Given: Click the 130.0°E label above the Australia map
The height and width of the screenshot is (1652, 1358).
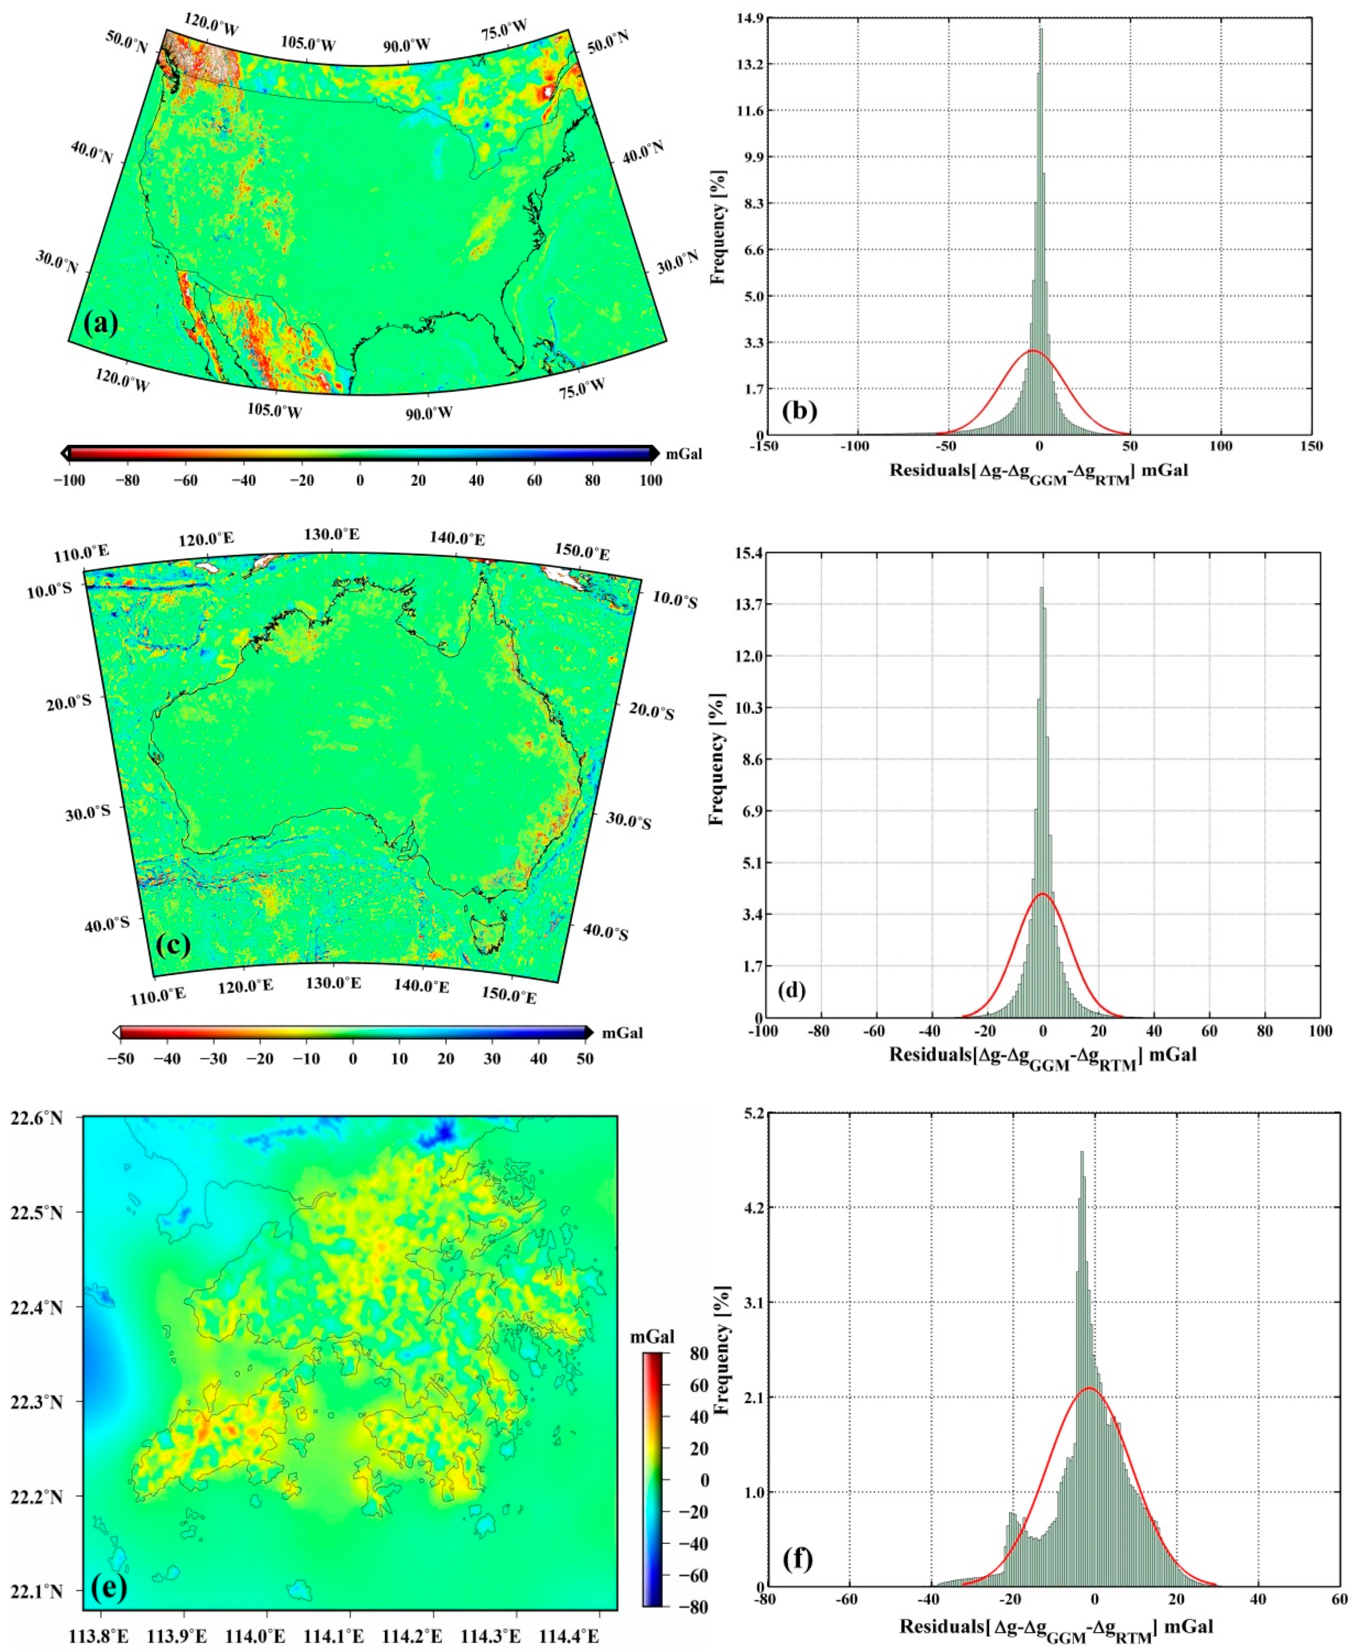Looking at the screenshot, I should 332,534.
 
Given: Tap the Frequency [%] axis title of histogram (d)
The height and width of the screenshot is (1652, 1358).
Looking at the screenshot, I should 716,759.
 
